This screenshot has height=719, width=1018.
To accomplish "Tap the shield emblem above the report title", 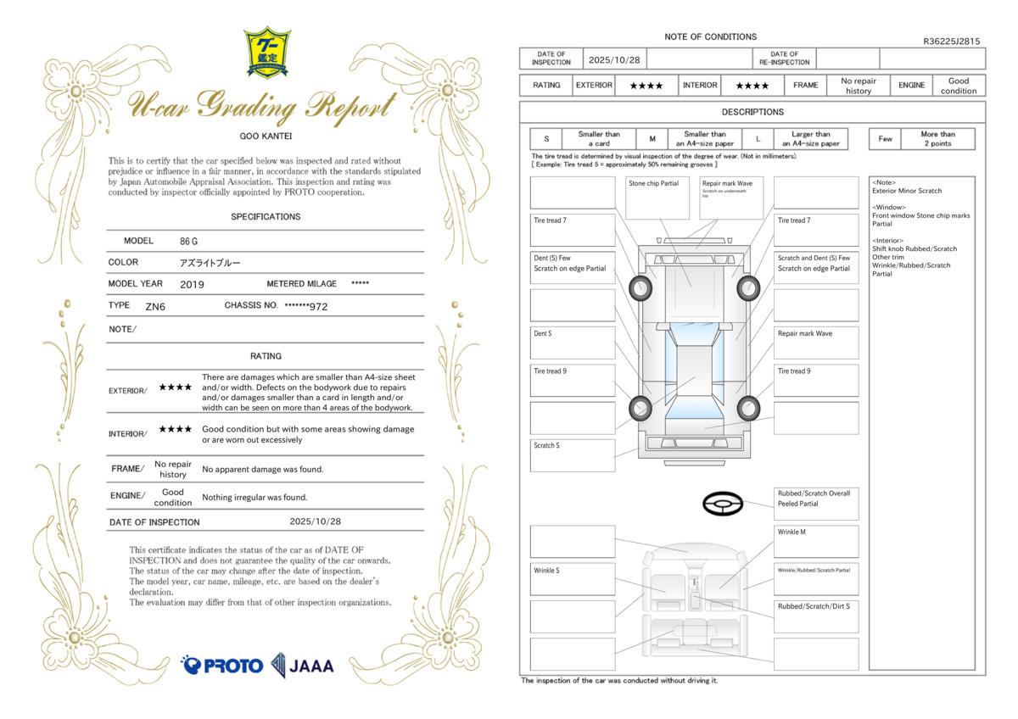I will pos(266,52).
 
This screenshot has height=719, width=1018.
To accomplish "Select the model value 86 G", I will pos(188,241).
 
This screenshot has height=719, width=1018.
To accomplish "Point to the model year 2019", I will pos(192,284).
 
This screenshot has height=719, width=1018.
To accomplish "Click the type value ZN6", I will pos(155,306).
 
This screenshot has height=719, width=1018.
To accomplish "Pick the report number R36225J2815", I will pos(951,41).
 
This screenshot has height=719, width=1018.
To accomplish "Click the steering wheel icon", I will pos(723,504).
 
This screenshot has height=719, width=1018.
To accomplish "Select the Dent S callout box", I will pos(573,343).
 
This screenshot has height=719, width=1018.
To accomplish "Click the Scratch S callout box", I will pos(573,455).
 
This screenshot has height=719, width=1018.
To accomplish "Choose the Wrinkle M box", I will pos(816,541).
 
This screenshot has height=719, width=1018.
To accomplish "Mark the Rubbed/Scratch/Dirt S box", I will pos(816,616).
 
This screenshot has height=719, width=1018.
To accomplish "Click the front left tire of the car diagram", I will pos(640,289).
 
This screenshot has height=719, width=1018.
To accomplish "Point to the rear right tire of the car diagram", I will pos(747,409).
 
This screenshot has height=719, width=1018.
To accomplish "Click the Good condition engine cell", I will pos(959,86).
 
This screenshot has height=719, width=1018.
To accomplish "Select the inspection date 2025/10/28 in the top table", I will pos(613,59).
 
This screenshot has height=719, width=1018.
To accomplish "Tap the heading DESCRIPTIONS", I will pos(752,112).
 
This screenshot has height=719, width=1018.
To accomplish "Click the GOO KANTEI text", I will pos(266,135).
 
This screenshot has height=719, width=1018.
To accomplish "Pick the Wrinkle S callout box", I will pos(573,578).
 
